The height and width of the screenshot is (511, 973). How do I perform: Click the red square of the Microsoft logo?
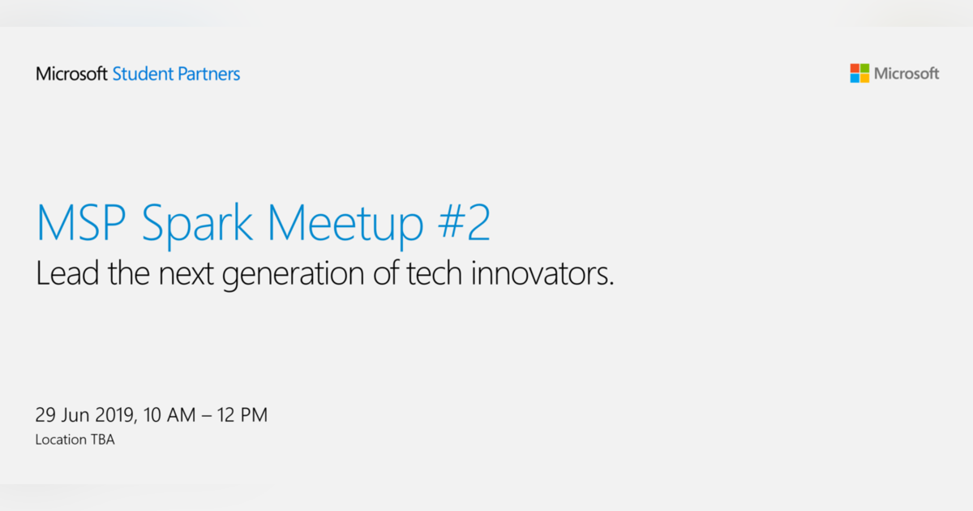pyautogui.click(x=855, y=68)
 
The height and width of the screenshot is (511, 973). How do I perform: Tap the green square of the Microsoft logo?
pyautogui.click(x=865, y=68)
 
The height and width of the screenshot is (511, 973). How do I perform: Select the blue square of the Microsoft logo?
pyautogui.click(x=855, y=78)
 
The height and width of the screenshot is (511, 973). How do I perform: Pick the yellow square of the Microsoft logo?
pyautogui.click(x=865, y=78)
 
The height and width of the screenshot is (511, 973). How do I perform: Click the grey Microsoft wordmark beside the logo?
pyautogui.click(x=907, y=74)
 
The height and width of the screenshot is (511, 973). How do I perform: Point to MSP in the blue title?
pyautogui.click(x=81, y=222)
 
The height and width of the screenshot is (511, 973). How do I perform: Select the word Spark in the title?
pyautogui.click(x=197, y=226)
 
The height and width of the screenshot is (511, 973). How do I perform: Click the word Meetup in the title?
pyautogui.click(x=345, y=226)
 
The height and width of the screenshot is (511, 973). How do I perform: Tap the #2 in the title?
pyautogui.click(x=465, y=222)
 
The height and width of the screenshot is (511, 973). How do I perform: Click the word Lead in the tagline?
pyautogui.click(x=67, y=273)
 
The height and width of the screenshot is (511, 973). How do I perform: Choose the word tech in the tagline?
pyautogui.click(x=434, y=273)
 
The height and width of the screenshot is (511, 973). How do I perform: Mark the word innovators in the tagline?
pyautogui.click(x=542, y=273)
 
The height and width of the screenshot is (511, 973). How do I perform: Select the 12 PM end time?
pyautogui.click(x=242, y=415)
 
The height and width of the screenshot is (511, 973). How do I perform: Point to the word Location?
pyautogui.click(x=61, y=440)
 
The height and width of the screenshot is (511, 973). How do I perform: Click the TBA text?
pyautogui.click(x=102, y=440)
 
